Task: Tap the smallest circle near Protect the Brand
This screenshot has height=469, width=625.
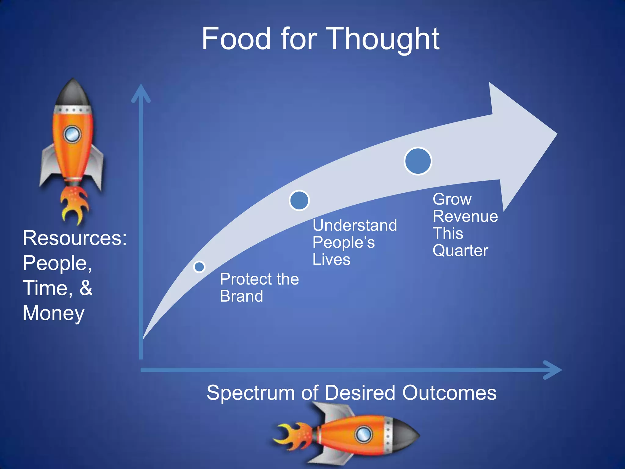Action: [199, 267]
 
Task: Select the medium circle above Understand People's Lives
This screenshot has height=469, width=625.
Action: [299, 201]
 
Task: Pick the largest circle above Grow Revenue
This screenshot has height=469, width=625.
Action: [418, 161]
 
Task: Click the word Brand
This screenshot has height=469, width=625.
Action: [241, 296]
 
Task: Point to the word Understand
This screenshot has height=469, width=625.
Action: [355, 225]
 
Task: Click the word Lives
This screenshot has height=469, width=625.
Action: [331, 260]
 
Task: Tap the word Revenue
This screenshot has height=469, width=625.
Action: [465, 216]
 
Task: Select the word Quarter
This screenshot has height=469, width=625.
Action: [460, 251]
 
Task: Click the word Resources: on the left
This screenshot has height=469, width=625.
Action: [74, 238]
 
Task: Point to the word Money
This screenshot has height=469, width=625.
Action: [53, 313]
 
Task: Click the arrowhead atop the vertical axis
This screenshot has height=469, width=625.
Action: [141, 93]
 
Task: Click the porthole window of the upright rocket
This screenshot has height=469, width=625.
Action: [72, 134]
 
